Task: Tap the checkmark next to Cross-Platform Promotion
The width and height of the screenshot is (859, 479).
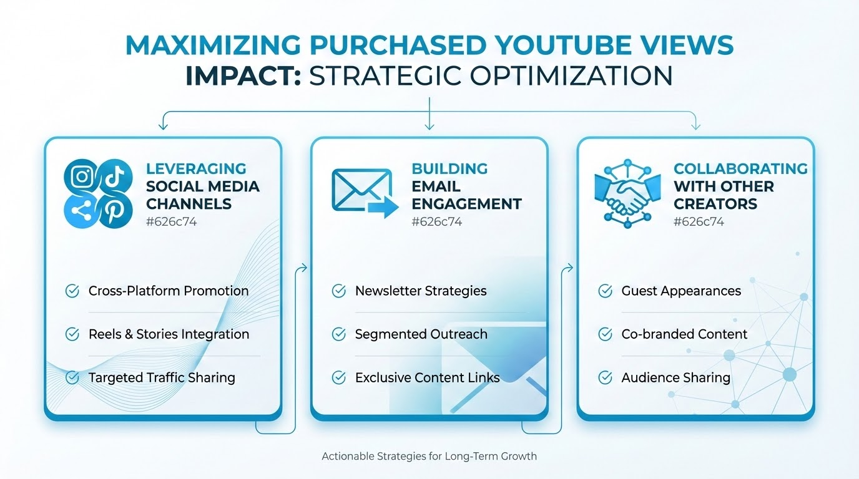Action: click(72, 291)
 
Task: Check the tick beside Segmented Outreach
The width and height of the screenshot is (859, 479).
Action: click(339, 334)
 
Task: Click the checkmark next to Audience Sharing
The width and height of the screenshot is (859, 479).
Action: click(605, 377)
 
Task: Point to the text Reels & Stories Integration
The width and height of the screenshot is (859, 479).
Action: click(169, 334)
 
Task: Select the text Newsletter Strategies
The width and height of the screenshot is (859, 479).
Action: click(421, 291)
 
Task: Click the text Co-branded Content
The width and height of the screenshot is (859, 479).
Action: click(684, 334)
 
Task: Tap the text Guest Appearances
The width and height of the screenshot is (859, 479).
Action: click(681, 291)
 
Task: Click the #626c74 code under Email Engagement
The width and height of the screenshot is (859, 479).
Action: click(437, 221)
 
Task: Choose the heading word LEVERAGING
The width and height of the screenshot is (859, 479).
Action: click(196, 169)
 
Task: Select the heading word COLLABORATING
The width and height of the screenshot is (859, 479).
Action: click(740, 169)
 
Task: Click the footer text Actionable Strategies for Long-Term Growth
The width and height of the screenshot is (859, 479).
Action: click(429, 456)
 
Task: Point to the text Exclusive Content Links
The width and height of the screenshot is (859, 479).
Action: click(427, 377)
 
